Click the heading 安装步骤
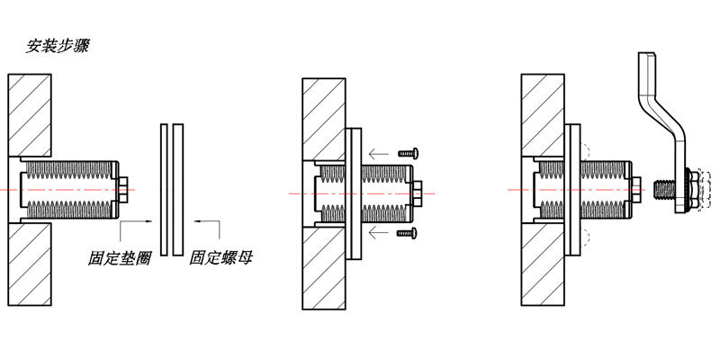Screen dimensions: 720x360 (57, 47)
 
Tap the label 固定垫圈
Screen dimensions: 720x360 (120, 258)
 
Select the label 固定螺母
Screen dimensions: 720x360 (220, 258)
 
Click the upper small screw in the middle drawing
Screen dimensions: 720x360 (408, 152)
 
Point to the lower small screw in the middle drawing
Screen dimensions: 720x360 (408, 233)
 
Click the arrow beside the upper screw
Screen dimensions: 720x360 (379, 153)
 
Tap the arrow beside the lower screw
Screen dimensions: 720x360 (379, 234)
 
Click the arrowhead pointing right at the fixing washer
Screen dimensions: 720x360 (148, 221)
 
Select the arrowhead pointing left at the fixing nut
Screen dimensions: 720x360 (197, 221)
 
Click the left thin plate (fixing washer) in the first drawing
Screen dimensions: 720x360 (164, 190)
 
